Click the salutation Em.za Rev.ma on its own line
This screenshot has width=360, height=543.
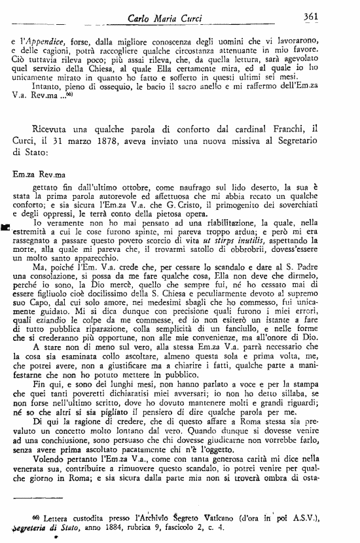pyautogui.click(x=40, y=175)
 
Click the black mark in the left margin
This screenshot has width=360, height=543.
pyautogui.click(x=6, y=227)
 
